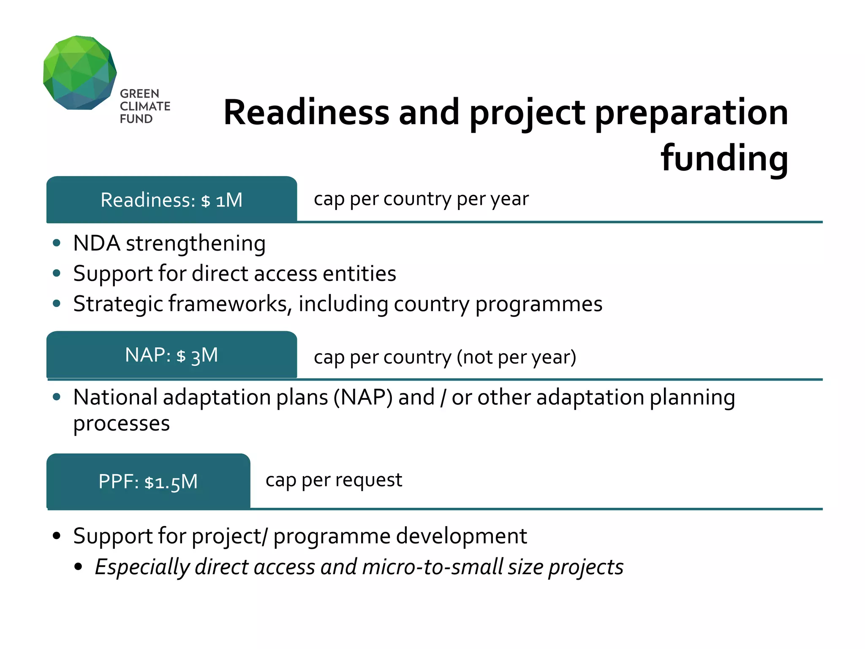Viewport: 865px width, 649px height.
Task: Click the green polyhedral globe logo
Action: pos(79,73)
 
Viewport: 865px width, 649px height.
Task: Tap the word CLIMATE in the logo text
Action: pos(145,106)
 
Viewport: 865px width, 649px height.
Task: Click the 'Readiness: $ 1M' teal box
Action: pos(171,200)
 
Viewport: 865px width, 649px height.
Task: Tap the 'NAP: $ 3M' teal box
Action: pos(171,355)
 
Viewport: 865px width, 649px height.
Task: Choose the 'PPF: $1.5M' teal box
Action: pos(148,481)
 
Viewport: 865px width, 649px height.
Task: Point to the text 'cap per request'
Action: pos(334,480)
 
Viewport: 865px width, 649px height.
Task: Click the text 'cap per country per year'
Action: pos(421,199)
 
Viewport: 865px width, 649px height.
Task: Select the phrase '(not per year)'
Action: pos(516,357)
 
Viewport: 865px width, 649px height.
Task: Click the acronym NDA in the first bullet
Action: pos(96,243)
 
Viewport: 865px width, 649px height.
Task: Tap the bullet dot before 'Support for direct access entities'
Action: pos(57,273)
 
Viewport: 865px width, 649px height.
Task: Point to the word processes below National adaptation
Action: pos(121,424)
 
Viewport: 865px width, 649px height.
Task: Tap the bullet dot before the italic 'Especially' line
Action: pos(78,567)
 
